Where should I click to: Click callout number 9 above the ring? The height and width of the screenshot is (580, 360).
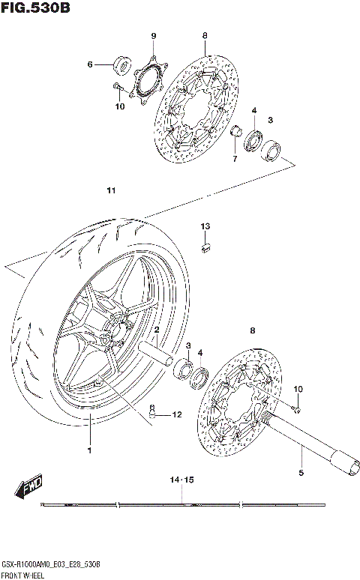(152, 37)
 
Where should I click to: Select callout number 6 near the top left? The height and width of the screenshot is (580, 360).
(89, 64)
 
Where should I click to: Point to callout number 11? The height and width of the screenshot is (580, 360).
(111, 191)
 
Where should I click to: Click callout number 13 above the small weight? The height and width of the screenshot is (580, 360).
(205, 226)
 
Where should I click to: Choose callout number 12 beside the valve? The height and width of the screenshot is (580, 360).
(177, 414)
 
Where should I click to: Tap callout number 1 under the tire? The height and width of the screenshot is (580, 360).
(88, 450)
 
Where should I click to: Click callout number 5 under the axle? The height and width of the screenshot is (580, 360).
(301, 472)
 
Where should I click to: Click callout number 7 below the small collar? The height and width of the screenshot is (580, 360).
(234, 159)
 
